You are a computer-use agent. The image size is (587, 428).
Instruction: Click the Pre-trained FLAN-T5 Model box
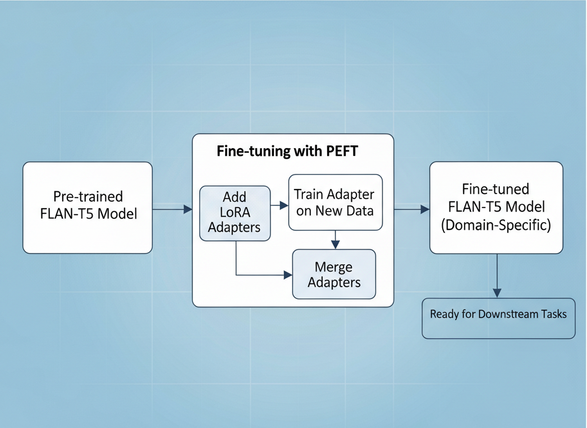[87, 208]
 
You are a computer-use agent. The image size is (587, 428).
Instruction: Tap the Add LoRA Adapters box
[235, 213]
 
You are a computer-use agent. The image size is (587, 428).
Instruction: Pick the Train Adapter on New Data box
[335, 203]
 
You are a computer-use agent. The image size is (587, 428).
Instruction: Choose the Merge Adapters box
[334, 274]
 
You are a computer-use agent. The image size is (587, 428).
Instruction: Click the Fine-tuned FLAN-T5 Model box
[496, 208]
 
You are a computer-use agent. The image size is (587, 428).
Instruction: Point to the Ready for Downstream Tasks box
[498, 318]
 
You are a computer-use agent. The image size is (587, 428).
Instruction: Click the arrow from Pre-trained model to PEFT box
[172, 209]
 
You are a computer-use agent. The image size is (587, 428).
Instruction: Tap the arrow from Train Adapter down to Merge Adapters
[335, 240]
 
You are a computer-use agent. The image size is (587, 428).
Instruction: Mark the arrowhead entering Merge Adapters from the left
[288, 275]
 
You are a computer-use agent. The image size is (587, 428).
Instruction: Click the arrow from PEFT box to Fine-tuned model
[411, 209]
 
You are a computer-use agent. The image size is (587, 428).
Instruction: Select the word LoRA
[234, 213]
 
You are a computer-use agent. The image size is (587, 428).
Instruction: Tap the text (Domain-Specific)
[496, 225]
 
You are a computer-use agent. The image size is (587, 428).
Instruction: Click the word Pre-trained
[88, 197]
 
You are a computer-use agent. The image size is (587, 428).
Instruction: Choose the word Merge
[333, 267]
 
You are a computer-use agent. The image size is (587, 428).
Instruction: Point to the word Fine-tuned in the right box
[496, 188]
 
